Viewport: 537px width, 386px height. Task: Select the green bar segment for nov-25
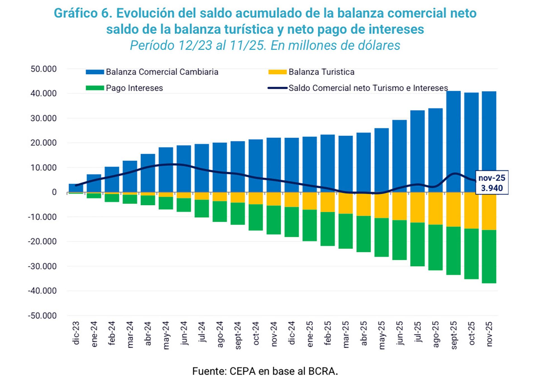pyautogui.click(x=489, y=256)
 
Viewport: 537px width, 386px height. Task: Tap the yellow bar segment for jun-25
pyautogui.click(x=399, y=206)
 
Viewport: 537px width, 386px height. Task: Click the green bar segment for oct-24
pyautogui.click(x=256, y=217)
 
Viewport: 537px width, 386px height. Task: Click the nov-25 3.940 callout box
pyautogui.click(x=492, y=183)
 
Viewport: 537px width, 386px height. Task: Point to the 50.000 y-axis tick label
pyautogui.click(x=44, y=69)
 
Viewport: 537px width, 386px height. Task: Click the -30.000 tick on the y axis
pyautogui.click(x=42, y=266)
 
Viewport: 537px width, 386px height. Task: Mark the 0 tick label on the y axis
pyautogui.click(x=54, y=192)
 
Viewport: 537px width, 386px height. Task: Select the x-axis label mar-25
pyautogui.click(x=346, y=335)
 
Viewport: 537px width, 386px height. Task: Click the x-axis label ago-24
pyautogui.click(x=220, y=335)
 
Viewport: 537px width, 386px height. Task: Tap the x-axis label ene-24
pyautogui.click(x=94, y=335)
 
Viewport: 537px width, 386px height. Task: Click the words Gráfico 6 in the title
pyautogui.click(x=83, y=13)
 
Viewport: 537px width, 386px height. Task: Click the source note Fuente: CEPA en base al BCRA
pyautogui.click(x=265, y=371)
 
